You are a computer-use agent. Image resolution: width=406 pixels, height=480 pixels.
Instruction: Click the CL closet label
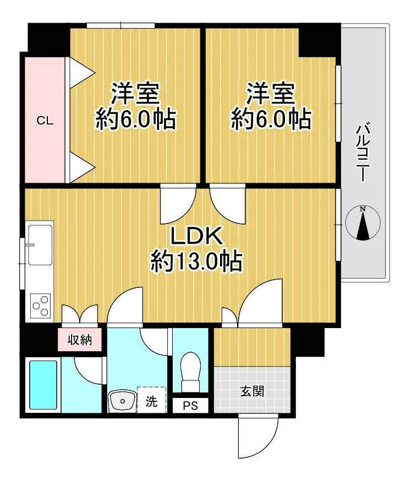pos(45,121)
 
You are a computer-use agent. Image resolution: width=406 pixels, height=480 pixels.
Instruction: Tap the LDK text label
pos(196,237)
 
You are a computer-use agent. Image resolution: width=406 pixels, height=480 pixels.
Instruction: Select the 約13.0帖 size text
pos(196,261)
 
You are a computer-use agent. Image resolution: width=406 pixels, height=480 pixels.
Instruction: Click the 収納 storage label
pos(80,340)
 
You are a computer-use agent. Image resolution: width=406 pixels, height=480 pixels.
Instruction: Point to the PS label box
pos(190,406)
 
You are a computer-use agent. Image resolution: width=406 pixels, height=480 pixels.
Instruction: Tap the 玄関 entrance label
pos(252,391)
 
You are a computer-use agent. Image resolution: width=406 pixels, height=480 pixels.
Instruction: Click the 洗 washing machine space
pos(151,400)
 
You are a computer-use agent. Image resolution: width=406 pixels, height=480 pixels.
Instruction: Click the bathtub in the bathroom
pos(43,385)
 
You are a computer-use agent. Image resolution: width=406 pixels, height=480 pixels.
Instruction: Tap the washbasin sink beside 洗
pos(122,400)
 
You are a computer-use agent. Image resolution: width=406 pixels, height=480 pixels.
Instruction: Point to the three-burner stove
pos(41,306)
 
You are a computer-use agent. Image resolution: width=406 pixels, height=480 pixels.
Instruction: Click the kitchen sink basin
pos(40,245)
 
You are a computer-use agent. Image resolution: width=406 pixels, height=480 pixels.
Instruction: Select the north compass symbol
pos(363,222)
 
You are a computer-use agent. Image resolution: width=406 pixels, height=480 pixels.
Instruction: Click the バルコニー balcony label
pos(363,152)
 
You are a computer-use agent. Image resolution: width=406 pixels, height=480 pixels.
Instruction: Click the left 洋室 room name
pos(135,93)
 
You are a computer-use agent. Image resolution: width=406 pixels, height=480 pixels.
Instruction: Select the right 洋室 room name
pos(271,93)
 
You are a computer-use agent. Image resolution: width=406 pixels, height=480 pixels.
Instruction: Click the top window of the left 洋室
pos(120,25)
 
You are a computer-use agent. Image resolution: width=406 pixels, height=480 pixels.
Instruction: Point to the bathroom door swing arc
pos(89,370)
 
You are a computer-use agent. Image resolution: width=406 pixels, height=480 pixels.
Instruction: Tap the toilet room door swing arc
pos(154,342)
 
